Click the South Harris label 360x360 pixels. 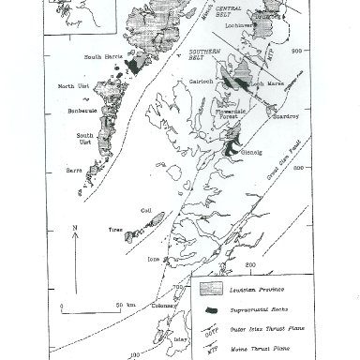(104, 58)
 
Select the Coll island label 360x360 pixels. (146, 211)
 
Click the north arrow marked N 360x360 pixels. (75, 229)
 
